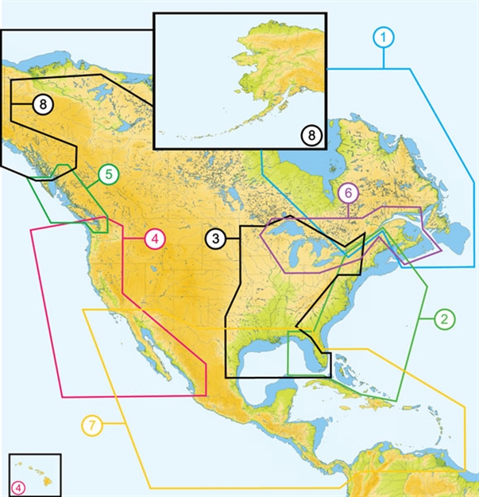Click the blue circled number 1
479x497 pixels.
tap(383, 37)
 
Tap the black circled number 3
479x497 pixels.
tap(214, 238)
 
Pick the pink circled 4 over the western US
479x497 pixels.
tap(155, 238)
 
